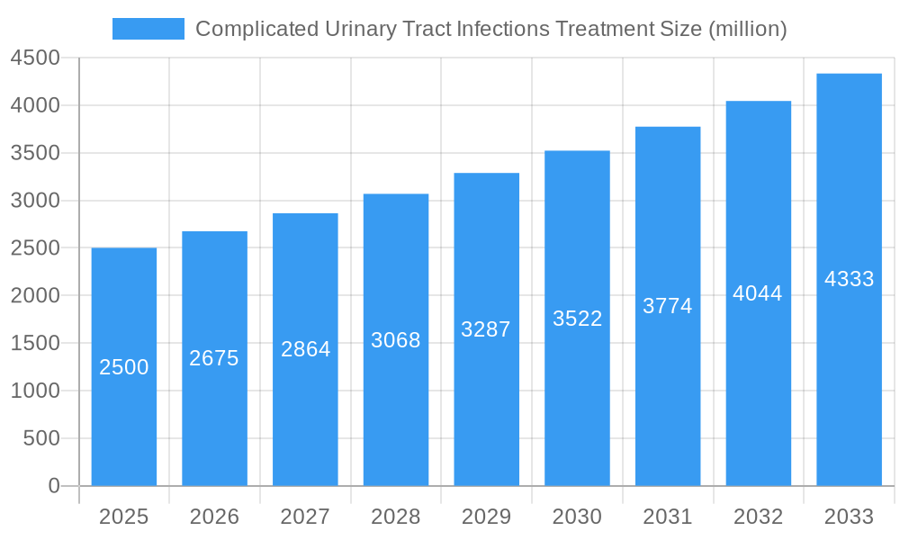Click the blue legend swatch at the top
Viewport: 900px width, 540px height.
[148, 29]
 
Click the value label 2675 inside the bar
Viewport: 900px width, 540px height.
[214, 358]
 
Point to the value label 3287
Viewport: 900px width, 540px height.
[486, 329]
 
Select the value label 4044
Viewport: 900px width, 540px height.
[758, 293]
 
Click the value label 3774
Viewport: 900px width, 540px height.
[668, 306]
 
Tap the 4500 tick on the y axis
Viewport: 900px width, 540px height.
[35, 58]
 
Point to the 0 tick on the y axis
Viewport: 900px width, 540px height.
[53, 486]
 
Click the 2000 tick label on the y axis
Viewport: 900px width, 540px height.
[35, 295]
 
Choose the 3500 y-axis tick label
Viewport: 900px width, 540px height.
[35, 153]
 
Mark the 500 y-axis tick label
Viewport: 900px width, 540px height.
[40, 438]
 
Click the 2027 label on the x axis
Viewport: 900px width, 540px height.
[305, 517]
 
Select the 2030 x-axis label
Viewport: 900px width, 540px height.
[577, 517]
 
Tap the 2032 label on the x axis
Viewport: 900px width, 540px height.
[758, 517]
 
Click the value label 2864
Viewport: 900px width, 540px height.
[305, 349]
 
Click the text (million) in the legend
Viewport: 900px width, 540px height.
[748, 29]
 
